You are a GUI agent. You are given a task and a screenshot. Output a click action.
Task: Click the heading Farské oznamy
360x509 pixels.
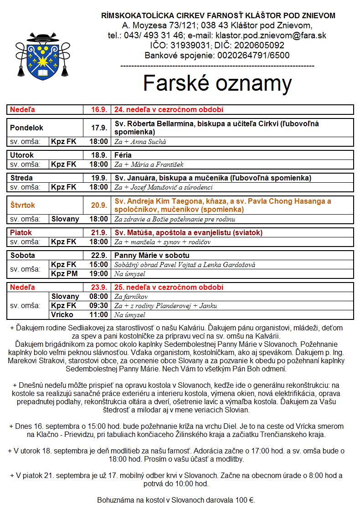tap(217, 83)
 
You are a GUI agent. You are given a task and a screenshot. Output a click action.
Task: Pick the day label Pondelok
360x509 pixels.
tap(27, 128)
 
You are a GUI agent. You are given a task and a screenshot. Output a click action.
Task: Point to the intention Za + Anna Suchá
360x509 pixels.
tap(134, 142)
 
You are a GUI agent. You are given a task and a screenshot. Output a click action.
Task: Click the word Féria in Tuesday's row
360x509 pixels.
tap(123, 155)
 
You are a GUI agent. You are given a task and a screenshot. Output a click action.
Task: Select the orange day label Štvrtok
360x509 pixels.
tap(23, 205)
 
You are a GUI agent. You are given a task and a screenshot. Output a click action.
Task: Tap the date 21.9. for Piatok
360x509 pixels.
tap(99, 233)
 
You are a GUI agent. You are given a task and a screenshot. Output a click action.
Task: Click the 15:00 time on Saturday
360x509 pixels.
tap(99, 265)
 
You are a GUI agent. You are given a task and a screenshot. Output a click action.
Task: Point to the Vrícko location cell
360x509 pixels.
tap(62, 314)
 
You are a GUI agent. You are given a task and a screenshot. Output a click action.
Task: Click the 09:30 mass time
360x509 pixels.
tap(99, 305)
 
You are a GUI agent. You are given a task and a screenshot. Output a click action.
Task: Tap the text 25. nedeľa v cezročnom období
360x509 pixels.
tap(169, 288)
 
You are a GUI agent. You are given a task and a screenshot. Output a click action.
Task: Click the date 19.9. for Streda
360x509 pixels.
tap(99, 178)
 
